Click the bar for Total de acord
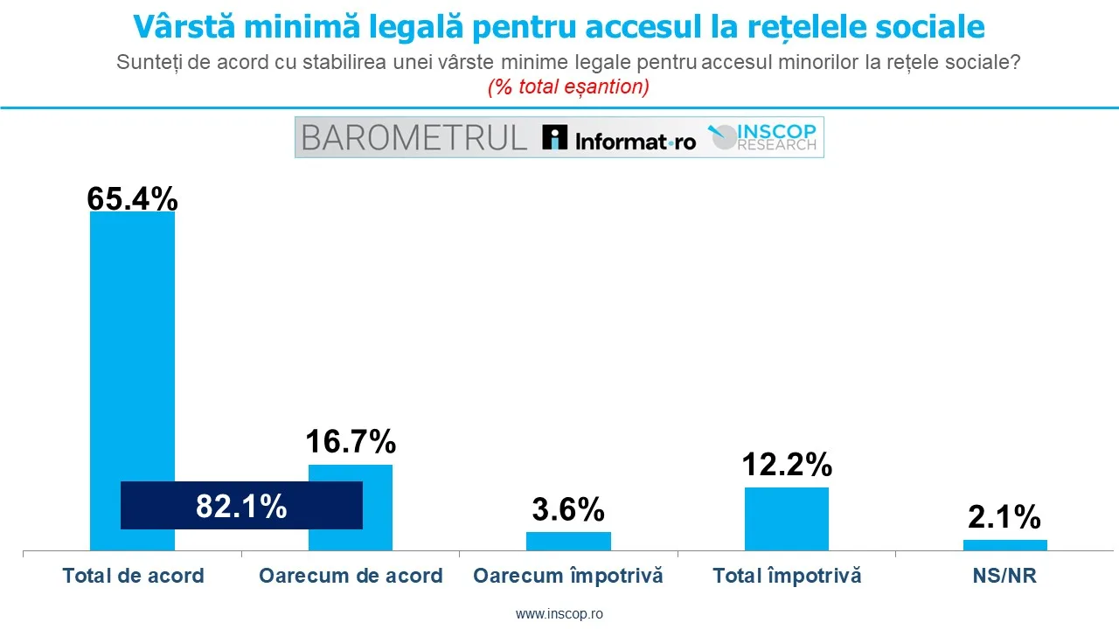tap(132, 349)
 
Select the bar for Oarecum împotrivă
tap(568, 541)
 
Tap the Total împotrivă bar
tap(786, 519)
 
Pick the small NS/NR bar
tap(1004, 545)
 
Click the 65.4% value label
tap(132, 199)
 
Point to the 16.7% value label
tap(351, 443)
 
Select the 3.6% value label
tap(568, 509)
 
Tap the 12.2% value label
tap(786, 466)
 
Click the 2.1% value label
tap(1004, 518)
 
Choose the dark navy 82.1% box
tap(241, 505)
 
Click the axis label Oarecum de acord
tap(351, 577)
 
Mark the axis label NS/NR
tap(1004, 577)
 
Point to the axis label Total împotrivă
tap(786, 577)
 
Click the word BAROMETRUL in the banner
tap(414, 138)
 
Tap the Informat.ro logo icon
tap(554, 138)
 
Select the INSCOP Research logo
tap(762, 137)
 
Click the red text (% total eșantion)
tap(568, 87)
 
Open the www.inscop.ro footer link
tap(559, 614)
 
